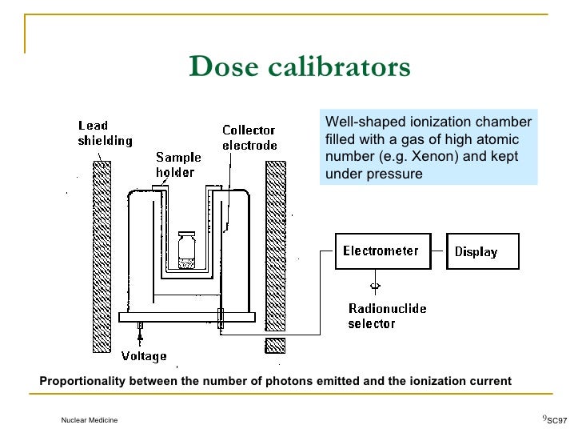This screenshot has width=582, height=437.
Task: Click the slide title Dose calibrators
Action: point(300,67)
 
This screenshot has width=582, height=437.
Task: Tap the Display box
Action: point(482,251)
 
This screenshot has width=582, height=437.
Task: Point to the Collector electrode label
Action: point(249,138)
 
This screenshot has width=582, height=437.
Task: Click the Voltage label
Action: point(144,356)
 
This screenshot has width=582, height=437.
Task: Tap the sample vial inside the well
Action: point(187,249)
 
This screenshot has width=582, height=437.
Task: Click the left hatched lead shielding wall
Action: point(102,256)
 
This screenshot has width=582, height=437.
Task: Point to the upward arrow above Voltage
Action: point(140,339)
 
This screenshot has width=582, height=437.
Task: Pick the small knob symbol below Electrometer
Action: point(375,286)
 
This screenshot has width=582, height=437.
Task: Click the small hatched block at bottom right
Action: point(275,345)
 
